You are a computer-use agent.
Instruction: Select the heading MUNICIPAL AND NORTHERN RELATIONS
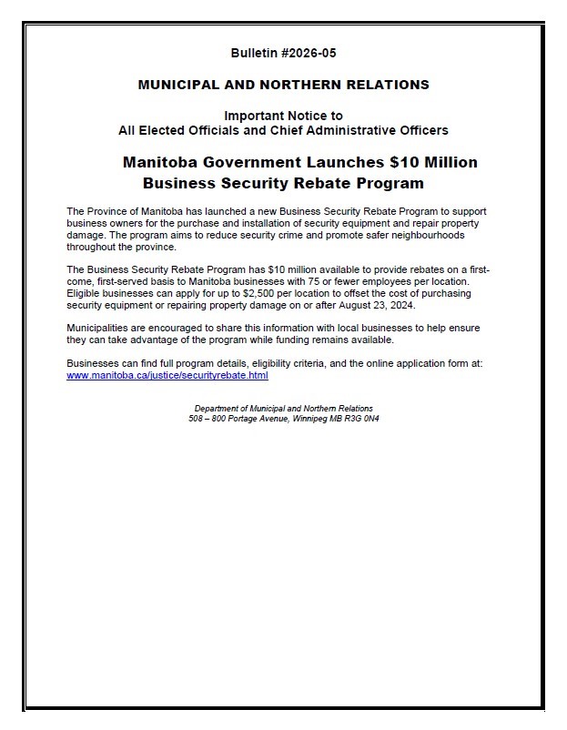pyautogui.click(x=283, y=85)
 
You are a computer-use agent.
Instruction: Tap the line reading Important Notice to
pyautogui.click(x=283, y=116)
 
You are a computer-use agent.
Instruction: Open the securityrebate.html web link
pyautogui.click(x=167, y=375)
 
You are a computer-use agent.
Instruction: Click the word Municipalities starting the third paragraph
pyautogui.click(x=101, y=328)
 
